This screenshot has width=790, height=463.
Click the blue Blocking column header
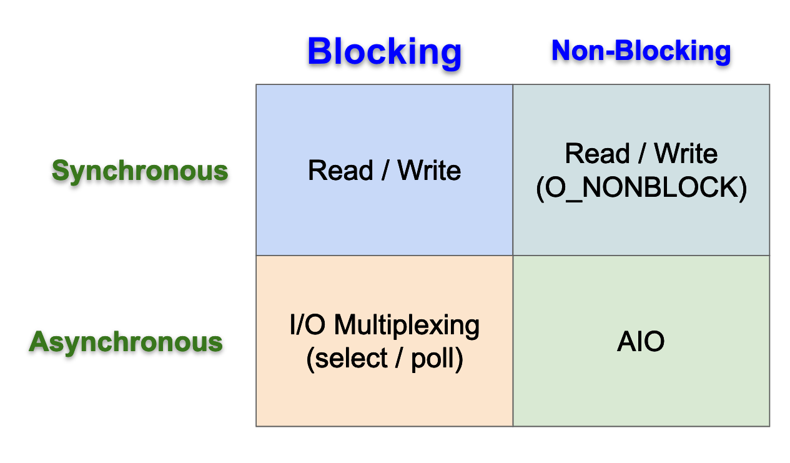pos(384,52)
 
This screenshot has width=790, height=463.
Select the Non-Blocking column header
pos(641,51)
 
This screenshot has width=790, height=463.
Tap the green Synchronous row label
pos(139,171)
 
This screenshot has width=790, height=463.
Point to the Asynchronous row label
pos(126,342)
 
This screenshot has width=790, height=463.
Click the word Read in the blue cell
pos(340,170)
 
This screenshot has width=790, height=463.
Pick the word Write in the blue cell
pos(429,170)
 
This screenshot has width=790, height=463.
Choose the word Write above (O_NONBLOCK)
pos(686,154)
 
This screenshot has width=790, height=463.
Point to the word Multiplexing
pos(407,326)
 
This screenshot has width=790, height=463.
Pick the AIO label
pos(641,342)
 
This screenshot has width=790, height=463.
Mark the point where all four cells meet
pos(513,256)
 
